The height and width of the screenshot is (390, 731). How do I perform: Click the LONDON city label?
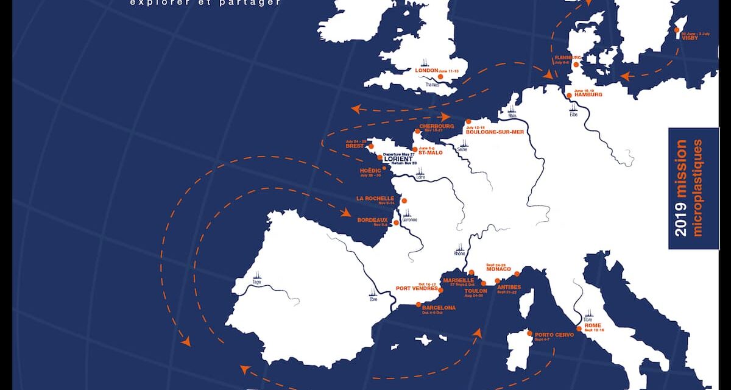tap(426, 71)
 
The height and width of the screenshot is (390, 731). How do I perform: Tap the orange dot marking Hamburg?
tap(569, 96)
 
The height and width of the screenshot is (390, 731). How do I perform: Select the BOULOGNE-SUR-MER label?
tap(494, 132)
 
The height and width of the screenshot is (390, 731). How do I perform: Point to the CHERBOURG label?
tap(436, 126)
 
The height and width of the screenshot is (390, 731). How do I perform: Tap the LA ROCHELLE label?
tap(375, 198)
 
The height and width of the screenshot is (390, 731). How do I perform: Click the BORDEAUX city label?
tap(373, 220)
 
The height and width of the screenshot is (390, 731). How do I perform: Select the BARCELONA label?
tap(439, 308)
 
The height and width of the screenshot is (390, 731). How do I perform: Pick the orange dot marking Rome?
tap(579, 328)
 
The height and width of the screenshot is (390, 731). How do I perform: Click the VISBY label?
tap(690, 37)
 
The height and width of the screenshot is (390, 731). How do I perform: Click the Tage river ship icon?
tap(256, 276)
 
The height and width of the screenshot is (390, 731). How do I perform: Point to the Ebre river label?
tap(373, 299)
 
